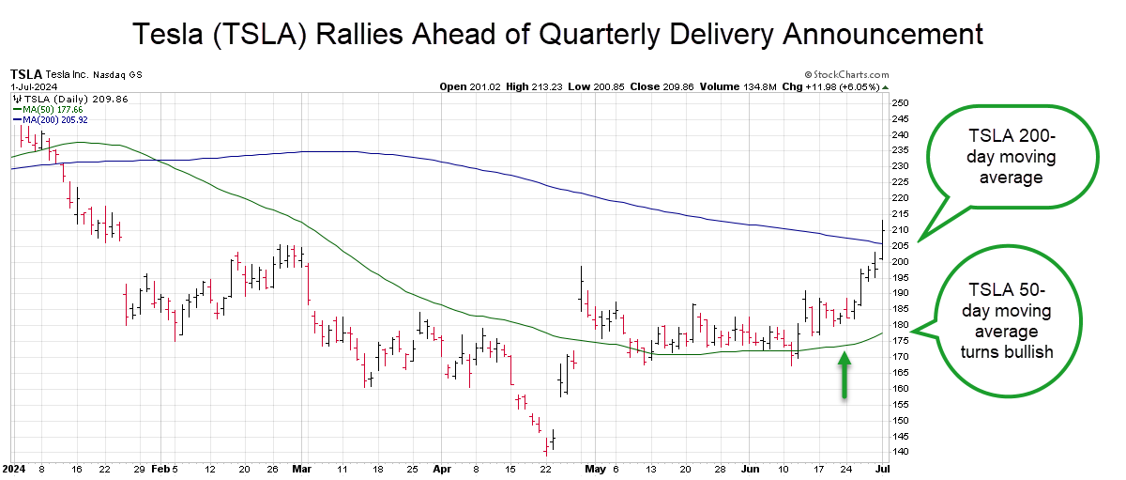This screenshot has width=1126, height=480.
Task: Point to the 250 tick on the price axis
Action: click(x=900, y=102)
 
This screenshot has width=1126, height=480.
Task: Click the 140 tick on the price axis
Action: click(x=900, y=452)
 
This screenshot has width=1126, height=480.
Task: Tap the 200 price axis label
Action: click(x=900, y=261)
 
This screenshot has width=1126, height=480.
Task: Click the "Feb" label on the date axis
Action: click(x=159, y=466)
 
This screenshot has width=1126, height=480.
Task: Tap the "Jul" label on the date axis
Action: click(x=882, y=466)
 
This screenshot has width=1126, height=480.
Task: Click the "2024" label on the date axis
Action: click(x=14, y=466)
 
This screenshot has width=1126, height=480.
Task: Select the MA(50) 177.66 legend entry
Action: click(x=47, y=109)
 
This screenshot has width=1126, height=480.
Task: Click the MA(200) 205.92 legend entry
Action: click(x=50, y=119)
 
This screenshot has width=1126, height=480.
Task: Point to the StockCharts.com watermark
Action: click(x=846, y=74)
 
